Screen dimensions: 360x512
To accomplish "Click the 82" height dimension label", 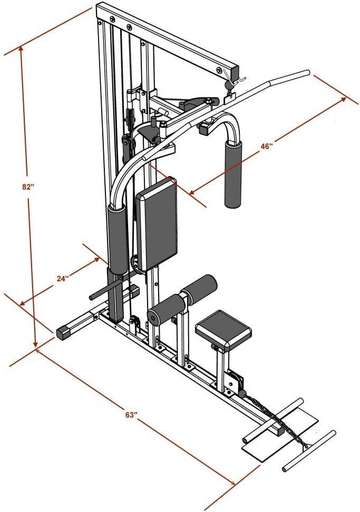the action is click(x=28, y=187).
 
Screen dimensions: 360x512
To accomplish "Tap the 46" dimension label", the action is click(x=267, y=146).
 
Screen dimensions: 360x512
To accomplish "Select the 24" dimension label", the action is click(x=63, y=279).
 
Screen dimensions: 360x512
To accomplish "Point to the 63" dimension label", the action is click(x=131, y=415).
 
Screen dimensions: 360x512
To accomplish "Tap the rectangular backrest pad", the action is click(x=157, y=224).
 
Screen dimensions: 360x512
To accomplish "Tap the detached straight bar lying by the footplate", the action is click(x=309, y=450).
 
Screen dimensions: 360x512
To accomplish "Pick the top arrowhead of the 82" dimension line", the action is click(x=21, y=48).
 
